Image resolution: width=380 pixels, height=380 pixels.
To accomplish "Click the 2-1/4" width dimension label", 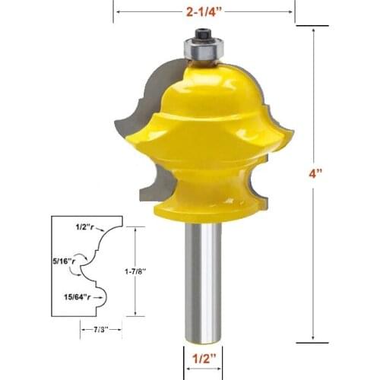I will click(x=204, y=11).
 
